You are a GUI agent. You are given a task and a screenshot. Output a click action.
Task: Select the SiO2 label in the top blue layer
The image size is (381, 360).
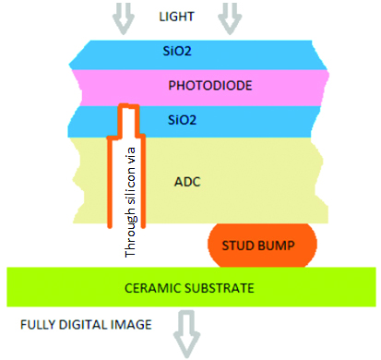190,51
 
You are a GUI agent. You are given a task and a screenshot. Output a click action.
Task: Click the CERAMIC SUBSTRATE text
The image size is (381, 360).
189,288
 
